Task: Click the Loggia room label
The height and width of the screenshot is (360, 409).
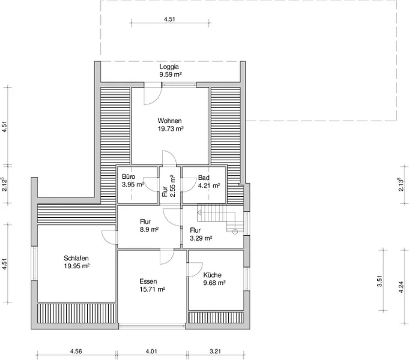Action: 169,67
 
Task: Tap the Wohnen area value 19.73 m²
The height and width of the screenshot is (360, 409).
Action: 171,129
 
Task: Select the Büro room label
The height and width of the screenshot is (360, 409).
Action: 129,176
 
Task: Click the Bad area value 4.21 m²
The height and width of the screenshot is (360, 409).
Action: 209,185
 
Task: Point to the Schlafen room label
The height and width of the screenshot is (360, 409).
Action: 76,258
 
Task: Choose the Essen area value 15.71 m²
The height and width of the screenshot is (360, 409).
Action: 153,289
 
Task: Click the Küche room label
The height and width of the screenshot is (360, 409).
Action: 213,275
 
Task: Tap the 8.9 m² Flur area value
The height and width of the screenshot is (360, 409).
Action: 149,230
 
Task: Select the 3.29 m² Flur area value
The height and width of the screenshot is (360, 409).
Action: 201,238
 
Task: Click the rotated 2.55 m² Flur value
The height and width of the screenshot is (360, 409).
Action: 172,186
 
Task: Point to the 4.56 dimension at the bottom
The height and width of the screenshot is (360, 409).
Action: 76,351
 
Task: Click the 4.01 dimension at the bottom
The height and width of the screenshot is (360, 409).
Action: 151,351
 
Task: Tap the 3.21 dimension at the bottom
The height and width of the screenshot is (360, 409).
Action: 215,351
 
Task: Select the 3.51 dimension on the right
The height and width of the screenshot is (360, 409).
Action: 380,281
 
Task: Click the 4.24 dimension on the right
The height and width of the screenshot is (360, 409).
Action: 401,287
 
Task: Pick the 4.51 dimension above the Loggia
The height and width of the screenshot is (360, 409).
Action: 169,19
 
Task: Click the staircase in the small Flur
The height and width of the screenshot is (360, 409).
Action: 220,218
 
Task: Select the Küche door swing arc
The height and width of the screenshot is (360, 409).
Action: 199,272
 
